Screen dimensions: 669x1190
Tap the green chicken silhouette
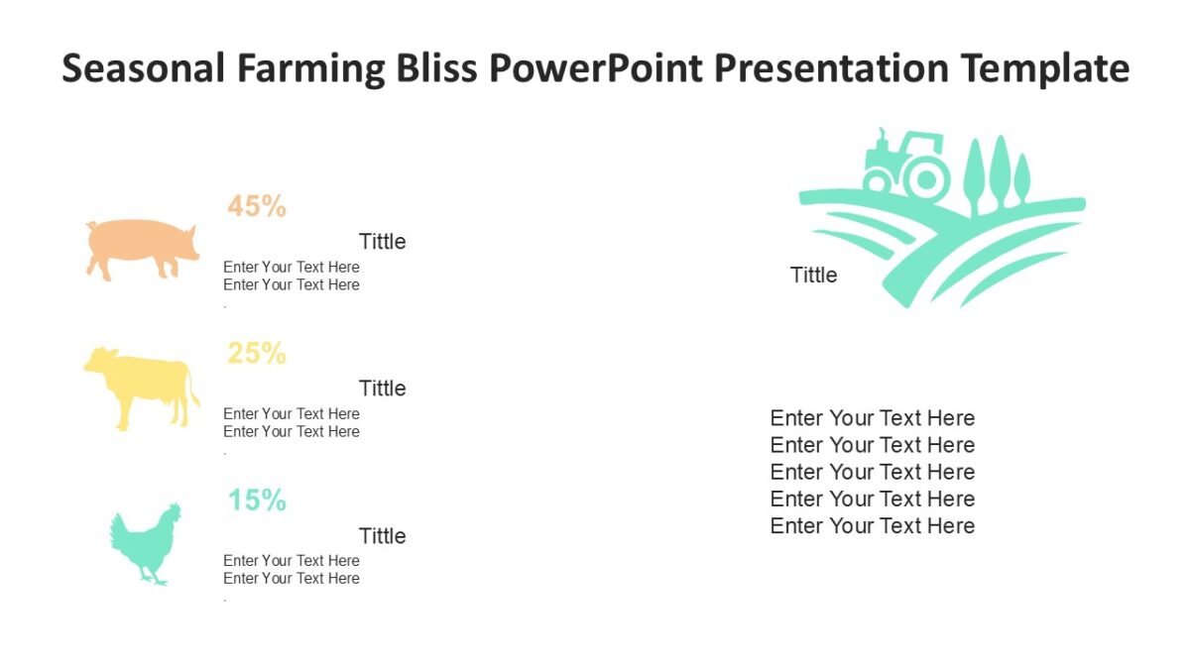coord(145,544)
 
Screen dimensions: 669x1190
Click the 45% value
coord(257,206)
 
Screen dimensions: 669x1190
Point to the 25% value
coord(257,353)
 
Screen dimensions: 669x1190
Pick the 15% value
coord(257,501)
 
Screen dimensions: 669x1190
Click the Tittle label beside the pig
coord(382,242)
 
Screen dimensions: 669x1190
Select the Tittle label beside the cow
coord(382,389)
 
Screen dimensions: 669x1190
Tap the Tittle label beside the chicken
coord(382,536)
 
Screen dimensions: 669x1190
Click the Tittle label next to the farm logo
coord(813,276)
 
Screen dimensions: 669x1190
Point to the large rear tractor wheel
coord(927,180)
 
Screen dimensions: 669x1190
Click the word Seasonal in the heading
coord(143,69)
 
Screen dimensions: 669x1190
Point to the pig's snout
coord(194,242)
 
